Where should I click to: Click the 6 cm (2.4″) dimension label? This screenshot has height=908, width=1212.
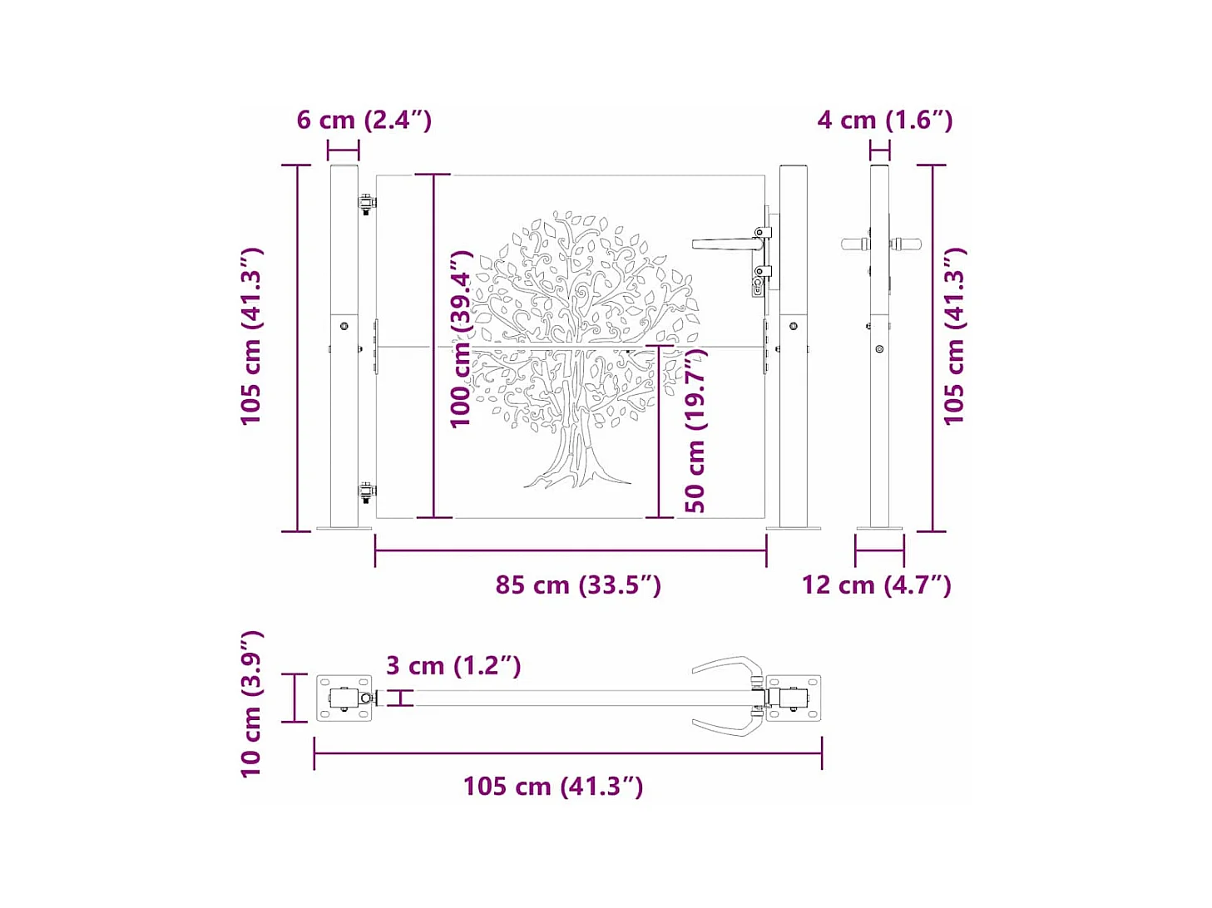coord(364,120)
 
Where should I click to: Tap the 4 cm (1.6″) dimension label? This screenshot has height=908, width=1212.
coord(884,120)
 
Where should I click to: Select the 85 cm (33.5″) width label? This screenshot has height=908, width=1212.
coord(578,585)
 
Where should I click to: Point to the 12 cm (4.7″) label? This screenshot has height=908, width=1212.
coord(876,585)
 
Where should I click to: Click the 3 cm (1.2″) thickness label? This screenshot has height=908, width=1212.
coord(453,665)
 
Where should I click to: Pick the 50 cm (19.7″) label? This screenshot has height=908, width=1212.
coord(695,430)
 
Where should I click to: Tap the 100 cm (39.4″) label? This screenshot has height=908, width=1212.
coord(461,339)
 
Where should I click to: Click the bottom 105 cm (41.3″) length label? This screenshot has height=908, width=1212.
coord(552,786)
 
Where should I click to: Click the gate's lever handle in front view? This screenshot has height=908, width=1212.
coord(724,244)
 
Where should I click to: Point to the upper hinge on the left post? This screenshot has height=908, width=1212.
coord(366,203)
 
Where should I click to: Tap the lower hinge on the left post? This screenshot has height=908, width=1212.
coord(366,491)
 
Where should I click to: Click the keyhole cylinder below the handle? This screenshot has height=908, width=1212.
coord(759,286)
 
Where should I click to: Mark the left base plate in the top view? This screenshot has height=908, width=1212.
coord(344,698)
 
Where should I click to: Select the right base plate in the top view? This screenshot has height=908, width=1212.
coord(794,698)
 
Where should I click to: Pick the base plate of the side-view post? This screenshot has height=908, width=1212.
coord(879,527)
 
